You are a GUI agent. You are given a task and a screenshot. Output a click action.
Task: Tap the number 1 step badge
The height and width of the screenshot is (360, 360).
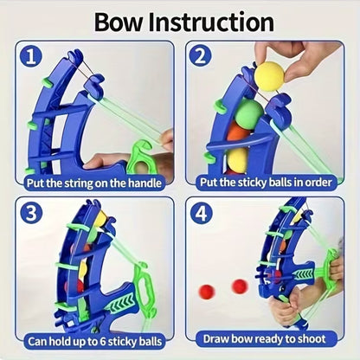click(x=31, y=57)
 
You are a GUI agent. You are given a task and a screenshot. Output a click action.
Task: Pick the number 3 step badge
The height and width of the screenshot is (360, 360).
click(x=31, y=212)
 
